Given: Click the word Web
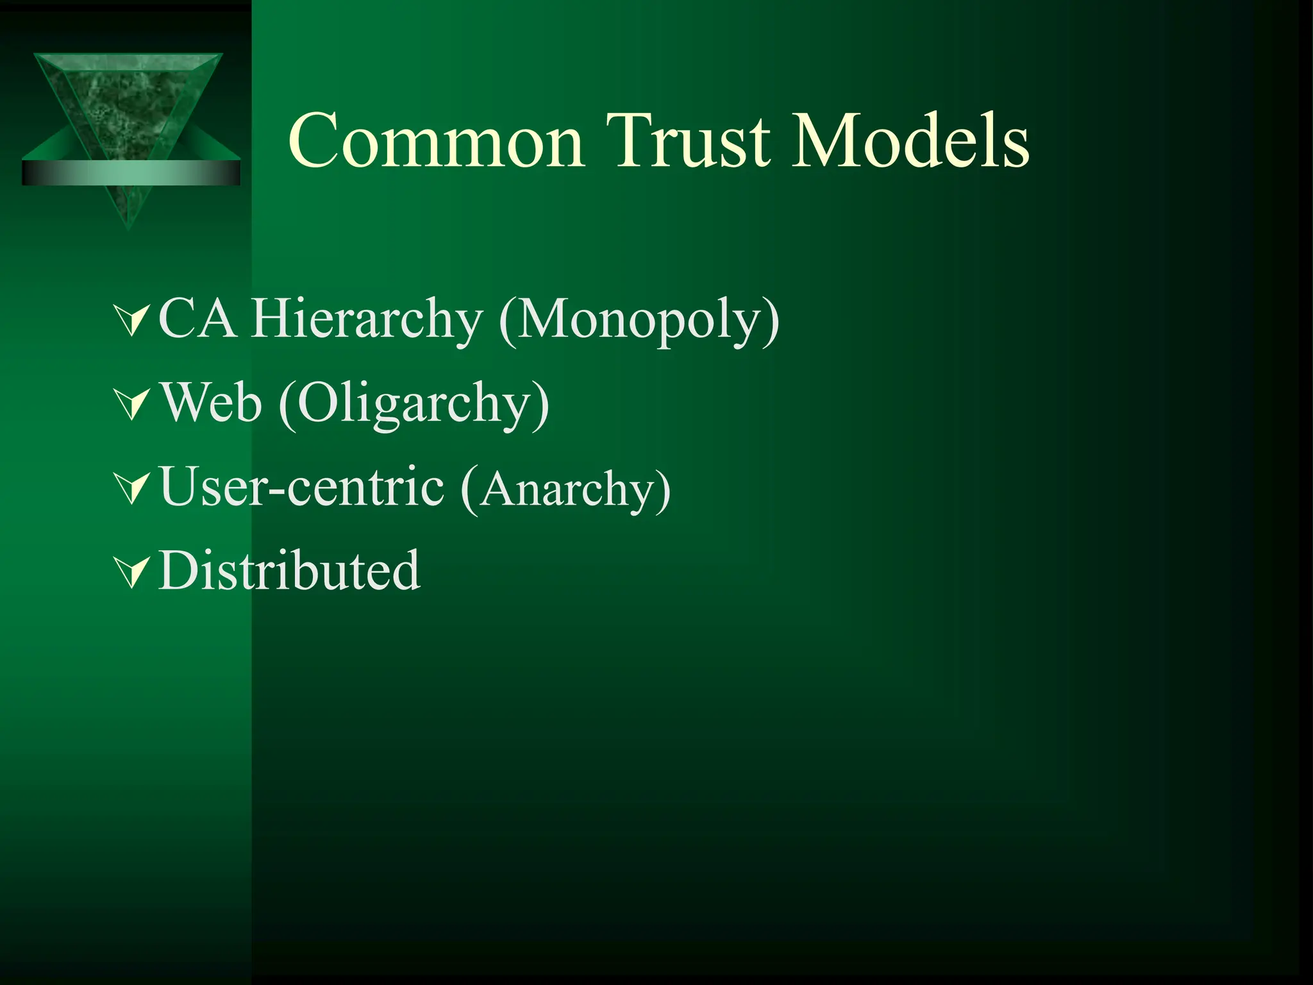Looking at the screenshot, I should click(x=211, y=403).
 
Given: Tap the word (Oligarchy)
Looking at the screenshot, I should click(x=414, y=404).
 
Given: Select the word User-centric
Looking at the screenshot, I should click(x=301, y=487).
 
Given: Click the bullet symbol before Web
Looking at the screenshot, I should click(x=131, y=404).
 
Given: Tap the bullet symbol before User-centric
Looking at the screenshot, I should click(x=131, y=488).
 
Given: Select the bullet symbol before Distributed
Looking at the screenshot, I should click(x=131, y=571).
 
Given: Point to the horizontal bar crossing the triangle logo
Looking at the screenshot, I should click(x=131, y=173).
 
